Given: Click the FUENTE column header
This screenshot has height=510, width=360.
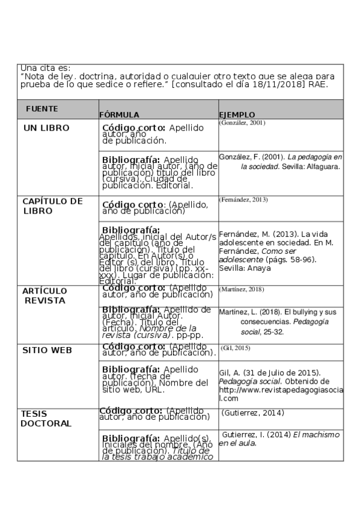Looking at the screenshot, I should tap(41, 109).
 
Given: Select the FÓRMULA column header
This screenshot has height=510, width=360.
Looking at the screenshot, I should tap(119, 114).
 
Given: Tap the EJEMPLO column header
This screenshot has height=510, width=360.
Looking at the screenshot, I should tap(237, 114).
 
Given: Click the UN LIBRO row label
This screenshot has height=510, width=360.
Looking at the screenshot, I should tap(46, 128).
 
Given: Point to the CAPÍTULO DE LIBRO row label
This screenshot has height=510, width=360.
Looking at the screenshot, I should tap(52, 206).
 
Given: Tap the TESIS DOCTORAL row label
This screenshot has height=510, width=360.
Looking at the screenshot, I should tap(46, 418).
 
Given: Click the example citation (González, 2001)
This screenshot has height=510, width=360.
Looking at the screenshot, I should tap(242, 123).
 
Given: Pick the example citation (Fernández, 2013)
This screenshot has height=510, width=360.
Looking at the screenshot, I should tap(243, 200).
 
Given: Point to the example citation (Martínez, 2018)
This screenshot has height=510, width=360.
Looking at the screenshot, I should tap(242, 289).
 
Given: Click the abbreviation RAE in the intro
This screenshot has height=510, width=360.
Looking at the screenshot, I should tap(317, 85).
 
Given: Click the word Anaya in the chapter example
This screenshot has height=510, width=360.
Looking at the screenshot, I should tap(260, 268).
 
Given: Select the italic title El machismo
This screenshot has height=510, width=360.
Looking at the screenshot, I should tap(316, 434).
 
